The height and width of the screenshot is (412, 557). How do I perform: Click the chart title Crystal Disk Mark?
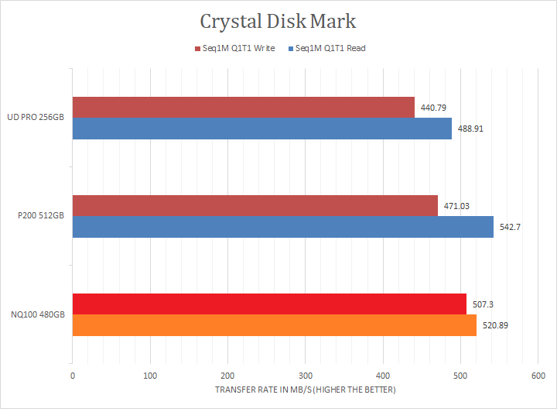tap(278, 20)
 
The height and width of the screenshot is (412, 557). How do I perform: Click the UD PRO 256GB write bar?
tap(244, 107)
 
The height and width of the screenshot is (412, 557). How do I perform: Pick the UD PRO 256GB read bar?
tap(262, 128)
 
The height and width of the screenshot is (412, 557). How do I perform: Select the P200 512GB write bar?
tap(255, 205)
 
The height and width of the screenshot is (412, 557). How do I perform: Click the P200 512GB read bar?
tap(283, 226)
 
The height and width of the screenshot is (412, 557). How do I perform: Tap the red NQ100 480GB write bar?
tap(269, 304)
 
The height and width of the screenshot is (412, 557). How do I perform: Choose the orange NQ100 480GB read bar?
tap(275, 325)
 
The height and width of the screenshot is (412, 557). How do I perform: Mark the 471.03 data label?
tap(456, 206)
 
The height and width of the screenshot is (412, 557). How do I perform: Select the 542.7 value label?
tap(509, 227)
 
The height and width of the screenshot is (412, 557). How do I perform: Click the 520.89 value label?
tap(495, 325)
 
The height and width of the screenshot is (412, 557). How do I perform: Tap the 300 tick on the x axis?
tap(305, 376)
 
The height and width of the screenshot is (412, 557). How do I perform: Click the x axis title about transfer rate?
tap(305, 390)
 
